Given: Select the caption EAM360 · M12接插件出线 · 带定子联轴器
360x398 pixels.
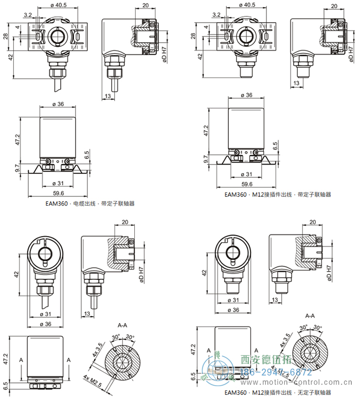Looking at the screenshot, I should (x=278, y=194).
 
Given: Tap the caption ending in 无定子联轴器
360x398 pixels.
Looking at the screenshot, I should (x=277, y=393).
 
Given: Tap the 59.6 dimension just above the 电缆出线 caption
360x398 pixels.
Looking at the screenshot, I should (x=58, y=193).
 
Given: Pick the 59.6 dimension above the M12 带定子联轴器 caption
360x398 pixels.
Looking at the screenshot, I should (x=247, y=184).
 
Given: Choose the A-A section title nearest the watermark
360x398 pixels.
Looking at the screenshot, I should (x=310, y=316).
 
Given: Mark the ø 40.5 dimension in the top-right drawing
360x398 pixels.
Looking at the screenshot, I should (x=247, y=5).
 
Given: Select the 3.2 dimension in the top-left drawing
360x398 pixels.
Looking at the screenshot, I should (x=28, y=15).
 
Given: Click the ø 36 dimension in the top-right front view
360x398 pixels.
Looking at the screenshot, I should (x=246, y=95).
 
